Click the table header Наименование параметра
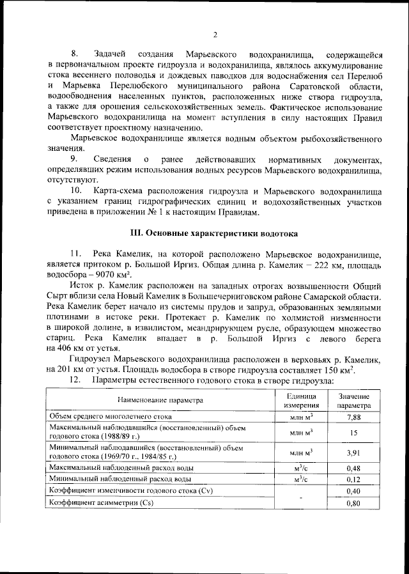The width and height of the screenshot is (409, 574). [160, 400]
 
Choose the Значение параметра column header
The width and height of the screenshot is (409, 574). [353, 400]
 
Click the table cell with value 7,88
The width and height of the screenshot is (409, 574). [353, 417]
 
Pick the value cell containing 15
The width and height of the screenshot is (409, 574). [353, 432]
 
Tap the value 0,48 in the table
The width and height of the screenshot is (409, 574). [353, 468]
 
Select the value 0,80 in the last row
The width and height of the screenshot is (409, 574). [353, 503]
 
